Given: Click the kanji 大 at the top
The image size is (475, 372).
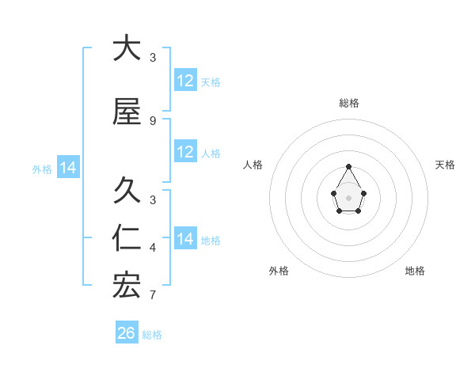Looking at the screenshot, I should [127, 48].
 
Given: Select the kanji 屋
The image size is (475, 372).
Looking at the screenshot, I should [127, 112].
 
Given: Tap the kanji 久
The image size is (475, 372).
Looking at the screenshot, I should [127, 191].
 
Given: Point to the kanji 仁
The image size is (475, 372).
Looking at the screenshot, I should [127, 238].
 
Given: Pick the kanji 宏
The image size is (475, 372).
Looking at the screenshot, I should [127, 286].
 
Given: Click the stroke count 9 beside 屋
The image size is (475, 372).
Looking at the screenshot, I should [153, 120].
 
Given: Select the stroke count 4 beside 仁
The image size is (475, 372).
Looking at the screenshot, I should [153, 247].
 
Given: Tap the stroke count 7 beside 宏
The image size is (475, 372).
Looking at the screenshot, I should [153, 295].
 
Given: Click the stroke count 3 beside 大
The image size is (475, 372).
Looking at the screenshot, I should [153, 57].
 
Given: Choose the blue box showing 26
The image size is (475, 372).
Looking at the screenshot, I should [127, 333].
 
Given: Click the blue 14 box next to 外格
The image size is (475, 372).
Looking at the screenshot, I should [68, 168].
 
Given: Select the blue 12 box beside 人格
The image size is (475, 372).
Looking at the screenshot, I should [185, 152].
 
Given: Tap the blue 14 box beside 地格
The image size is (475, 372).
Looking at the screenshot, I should [185, 239].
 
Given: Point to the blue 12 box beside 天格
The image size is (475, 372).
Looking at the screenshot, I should [185, 81].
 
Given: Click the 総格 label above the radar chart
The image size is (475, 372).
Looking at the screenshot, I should [349, 103].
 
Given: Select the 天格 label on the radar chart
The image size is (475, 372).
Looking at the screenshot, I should [446, 165].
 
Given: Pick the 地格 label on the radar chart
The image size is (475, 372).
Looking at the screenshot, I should [415, 271].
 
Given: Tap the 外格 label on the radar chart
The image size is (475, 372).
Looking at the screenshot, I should [279, 271].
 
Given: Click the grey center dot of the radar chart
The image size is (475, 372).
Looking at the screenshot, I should [349, 196].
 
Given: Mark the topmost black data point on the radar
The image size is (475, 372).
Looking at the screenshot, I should [349, 166].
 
